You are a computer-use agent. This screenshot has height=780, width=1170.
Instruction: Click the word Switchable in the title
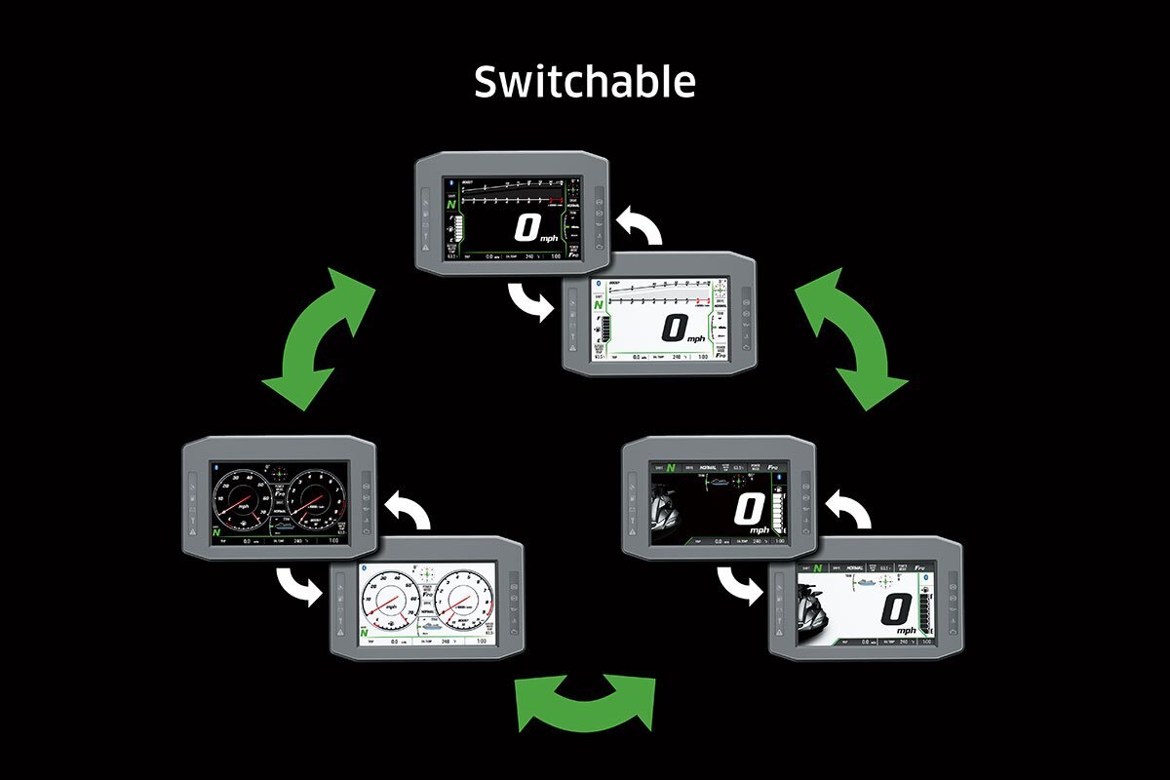click(x=584, y=82)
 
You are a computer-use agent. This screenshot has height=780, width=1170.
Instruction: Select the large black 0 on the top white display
click(x=674, y=328)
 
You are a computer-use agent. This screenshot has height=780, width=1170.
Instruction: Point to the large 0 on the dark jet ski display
click(x=750, y=510)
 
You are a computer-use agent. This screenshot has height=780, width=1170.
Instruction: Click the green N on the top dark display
click(x=450, y=204)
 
